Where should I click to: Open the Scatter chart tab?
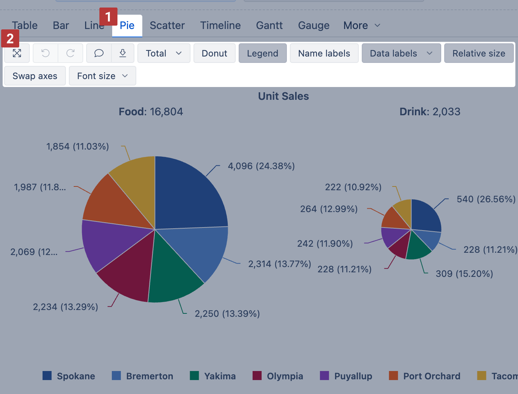point(167,26)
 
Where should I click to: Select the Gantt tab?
point(269,26)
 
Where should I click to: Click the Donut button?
point(214,53)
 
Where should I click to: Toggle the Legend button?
point(262,53)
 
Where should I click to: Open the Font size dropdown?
point(102,76)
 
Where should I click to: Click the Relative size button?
point(478,53)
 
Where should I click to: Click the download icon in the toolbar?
point(123,53)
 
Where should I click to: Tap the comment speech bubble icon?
point(99,53)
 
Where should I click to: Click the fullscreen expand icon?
point(17,53)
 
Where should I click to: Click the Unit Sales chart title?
point(283,96)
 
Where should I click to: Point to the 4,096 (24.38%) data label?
point(261,166)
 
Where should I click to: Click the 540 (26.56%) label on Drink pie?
point(486,199)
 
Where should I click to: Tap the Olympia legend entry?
point(278,376)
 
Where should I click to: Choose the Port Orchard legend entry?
point(425,376)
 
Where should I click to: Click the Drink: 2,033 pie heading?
point(430,112)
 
